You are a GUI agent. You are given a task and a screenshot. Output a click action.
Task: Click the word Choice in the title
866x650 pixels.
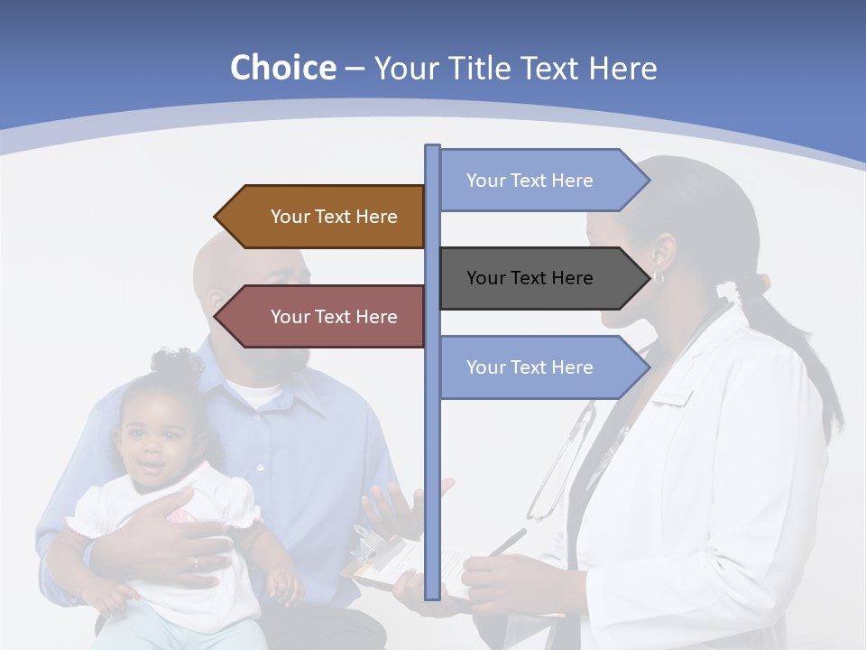click(x=282, y=69)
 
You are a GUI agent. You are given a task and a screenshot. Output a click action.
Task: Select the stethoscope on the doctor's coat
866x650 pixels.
click(x=559, y=469)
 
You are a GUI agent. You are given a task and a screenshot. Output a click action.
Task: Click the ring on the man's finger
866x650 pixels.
click(x=196, y=563)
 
